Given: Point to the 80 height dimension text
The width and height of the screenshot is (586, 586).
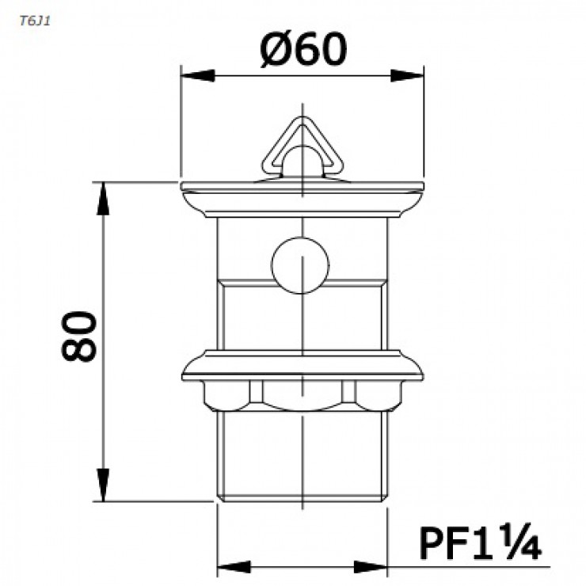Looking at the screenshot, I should coord(80,337).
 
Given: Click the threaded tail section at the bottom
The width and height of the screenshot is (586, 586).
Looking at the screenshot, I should coord(303,455).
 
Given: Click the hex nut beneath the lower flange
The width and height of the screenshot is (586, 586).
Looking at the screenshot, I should coord(303,394).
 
